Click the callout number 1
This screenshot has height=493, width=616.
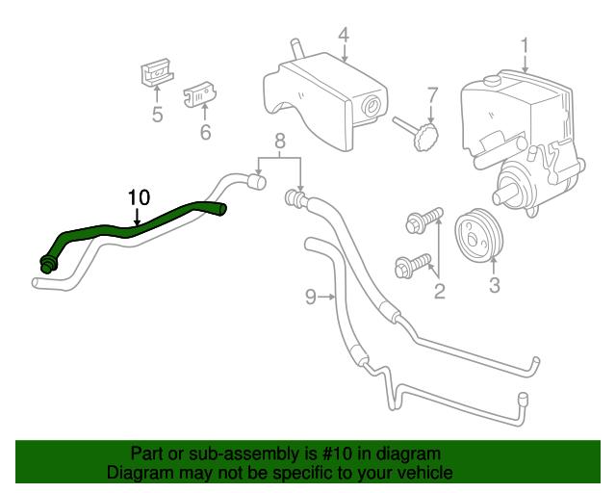[x=526, y=44]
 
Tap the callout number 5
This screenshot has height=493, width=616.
[x=157, y=116]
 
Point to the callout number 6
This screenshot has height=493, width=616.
[x=205, y=132]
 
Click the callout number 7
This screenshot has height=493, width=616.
[x=432, y=95]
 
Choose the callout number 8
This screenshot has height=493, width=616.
[x=280, y=142]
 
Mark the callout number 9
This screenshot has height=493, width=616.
[x=311, y=298]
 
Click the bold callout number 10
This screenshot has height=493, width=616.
[x=139, y=197]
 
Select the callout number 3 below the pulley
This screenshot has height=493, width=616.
[x=494, y=285]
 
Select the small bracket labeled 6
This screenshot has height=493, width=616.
[x=198, y=92]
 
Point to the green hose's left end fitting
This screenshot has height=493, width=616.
[x=46, y=263]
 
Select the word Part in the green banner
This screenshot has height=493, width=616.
[x=147, y=454]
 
